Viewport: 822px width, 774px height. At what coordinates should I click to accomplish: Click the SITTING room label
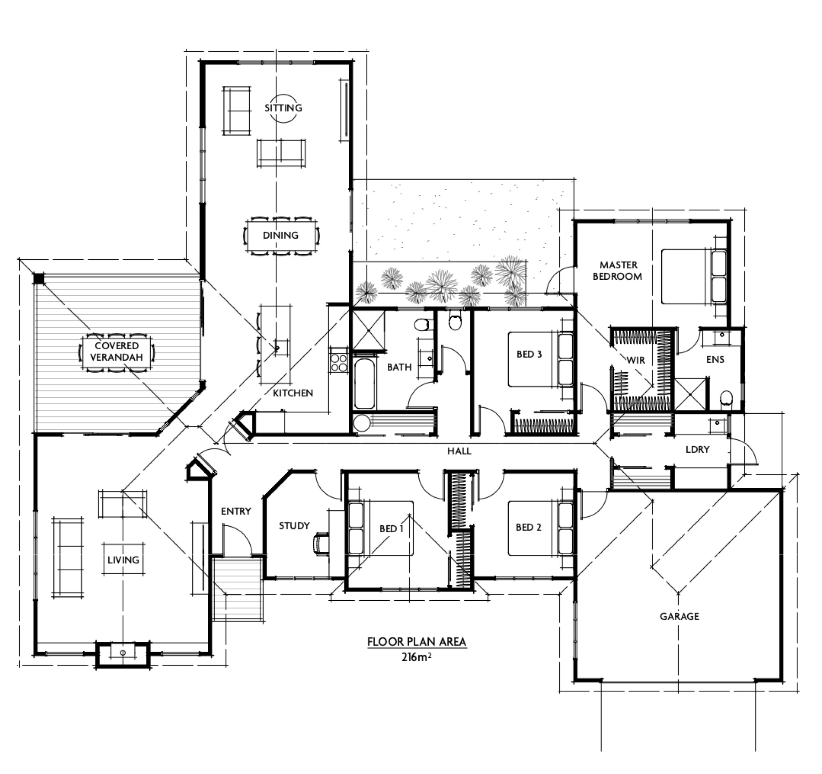tap(283, 108)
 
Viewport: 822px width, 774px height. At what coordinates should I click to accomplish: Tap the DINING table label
tap(280, 235)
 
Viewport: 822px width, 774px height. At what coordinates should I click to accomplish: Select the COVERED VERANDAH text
tap(116, 352)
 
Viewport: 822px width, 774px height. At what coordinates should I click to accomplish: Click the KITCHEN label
tap(293, 393)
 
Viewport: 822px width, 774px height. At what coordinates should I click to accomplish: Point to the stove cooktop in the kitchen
tap(339, 363)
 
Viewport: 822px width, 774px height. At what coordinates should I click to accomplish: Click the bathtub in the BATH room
tap(364, 383)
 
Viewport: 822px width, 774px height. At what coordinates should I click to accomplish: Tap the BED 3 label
tap(529, 354)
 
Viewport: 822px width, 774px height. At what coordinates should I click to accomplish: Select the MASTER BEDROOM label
tap(618, 271)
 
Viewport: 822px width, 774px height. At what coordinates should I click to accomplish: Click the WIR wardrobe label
tap(636, 360)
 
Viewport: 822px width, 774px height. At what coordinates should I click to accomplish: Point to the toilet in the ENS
tap(726, 399)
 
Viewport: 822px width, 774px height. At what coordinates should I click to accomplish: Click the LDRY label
tap(697, 449)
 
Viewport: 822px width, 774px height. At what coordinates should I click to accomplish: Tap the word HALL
tap(459, 451)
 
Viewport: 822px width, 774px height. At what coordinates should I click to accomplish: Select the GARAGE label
tap(679, 616)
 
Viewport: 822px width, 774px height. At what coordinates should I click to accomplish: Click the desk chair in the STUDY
tap(321, 544)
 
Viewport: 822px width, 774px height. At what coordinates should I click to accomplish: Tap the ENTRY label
tap(236, 511)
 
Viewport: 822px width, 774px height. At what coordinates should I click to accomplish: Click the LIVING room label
tap(123, 560)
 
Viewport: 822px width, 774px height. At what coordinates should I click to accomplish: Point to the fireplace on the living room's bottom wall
tap(123, 653)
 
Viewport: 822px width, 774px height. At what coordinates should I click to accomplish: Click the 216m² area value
tap(416, 657)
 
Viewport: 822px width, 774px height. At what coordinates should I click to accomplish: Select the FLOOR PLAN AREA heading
tap(416, 642)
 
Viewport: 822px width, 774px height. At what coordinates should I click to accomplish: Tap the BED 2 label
tap(528, 527)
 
